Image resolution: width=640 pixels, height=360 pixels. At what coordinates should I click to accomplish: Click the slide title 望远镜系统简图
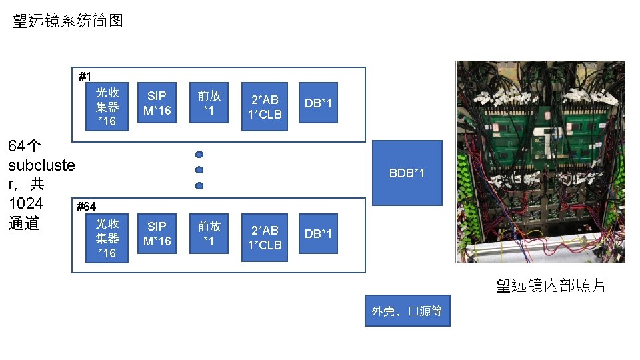68,21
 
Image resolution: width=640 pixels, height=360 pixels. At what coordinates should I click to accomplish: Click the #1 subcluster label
85,76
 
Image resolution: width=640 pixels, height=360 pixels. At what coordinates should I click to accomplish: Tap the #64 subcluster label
87,207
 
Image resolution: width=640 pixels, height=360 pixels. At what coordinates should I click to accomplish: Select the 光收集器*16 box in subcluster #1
107,107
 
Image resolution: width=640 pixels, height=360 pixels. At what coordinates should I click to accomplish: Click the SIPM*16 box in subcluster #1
157,103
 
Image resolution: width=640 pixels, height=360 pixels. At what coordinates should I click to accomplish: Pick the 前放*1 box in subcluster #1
209,103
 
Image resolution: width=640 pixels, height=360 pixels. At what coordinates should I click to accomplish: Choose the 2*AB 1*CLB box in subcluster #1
265,107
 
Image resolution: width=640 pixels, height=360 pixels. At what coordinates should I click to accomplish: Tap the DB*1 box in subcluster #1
318,103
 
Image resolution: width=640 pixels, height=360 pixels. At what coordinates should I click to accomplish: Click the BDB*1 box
407,173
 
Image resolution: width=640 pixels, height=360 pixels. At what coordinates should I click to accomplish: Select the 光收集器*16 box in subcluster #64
107,238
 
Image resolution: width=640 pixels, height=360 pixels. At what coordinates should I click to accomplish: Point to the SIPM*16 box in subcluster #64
157,234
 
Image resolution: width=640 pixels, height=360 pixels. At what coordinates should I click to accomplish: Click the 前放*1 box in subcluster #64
209,234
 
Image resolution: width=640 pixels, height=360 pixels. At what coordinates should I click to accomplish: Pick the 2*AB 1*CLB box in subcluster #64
265,238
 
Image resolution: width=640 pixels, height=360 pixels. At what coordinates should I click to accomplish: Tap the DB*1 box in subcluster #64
318,234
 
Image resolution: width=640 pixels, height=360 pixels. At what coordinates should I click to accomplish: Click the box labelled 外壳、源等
407,311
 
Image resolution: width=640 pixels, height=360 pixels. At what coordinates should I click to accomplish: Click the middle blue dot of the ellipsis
199,170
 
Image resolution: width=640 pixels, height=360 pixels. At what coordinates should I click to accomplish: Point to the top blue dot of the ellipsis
199,155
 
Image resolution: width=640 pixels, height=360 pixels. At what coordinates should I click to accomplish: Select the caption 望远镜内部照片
551,286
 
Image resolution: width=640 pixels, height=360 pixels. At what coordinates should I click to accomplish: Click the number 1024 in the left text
25,203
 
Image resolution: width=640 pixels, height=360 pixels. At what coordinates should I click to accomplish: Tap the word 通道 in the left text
25,223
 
